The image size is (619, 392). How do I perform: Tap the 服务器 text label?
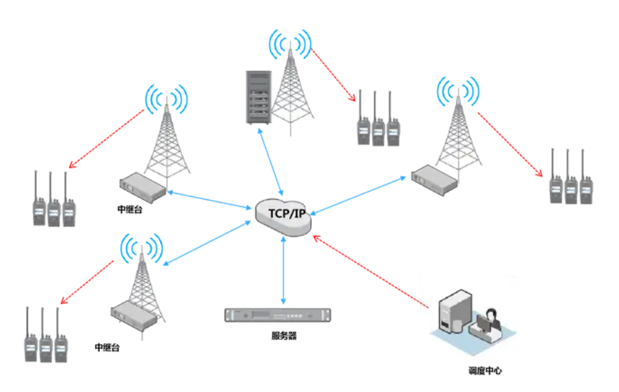point(280,336)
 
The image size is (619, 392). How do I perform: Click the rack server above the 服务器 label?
point(279,316)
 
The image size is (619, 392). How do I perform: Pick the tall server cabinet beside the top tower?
point(258,96)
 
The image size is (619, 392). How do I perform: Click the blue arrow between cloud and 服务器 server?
point(285,268)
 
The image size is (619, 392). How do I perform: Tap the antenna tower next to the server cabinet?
point(290,90)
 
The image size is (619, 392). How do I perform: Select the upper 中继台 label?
point(130,209)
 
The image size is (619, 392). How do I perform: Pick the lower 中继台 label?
point(109,348)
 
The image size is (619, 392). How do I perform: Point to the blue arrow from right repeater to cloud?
point(359,195)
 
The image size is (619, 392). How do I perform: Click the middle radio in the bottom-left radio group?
point(46,342)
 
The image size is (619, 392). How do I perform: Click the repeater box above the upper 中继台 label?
point(143,187)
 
